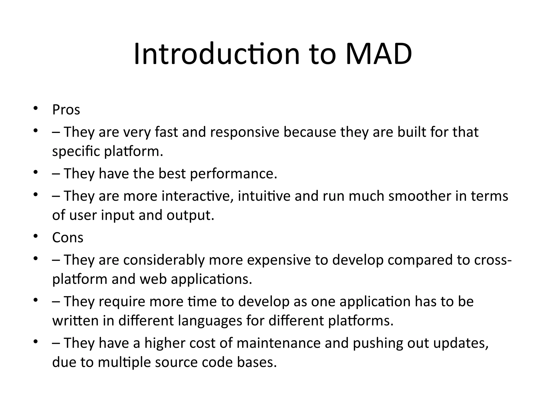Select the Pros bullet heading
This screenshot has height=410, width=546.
(x=66, y=110)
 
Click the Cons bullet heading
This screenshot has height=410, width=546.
(x=68, y=237)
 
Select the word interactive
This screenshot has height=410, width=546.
(x=197, y=196)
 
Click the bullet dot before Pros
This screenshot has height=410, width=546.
(x=35, y=108)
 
